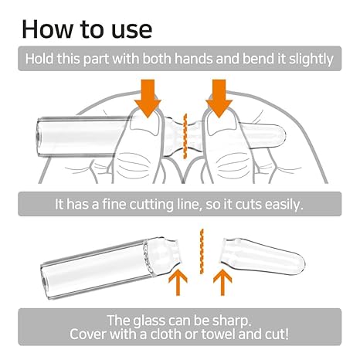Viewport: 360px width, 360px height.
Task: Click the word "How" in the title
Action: (48, 29)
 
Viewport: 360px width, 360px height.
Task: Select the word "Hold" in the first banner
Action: (39, 59)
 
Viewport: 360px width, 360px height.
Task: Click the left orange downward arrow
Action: (148, 99)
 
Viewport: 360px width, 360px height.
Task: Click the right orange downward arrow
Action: (219, 99)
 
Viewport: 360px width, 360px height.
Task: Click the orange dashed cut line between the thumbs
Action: (185, 136)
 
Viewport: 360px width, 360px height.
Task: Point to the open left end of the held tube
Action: (38, 138)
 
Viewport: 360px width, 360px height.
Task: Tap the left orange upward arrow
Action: (178, 283)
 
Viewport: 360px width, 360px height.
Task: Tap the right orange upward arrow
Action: (222, 283)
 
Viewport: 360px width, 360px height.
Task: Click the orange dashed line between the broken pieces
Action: (202, 252)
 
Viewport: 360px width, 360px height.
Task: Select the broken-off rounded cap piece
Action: (263, 256)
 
